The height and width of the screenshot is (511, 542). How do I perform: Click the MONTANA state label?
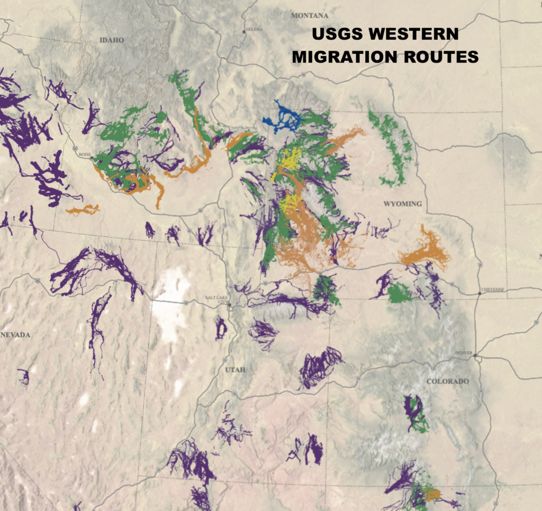(x=310, y=16)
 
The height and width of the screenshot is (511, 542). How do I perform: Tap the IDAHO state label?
(x=111, y=40)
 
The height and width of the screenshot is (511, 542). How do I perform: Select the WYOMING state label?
(x=402, y=204)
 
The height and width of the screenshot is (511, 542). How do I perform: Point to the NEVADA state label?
(x=15, y=335)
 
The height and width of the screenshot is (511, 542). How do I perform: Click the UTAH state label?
(x=236, y=370)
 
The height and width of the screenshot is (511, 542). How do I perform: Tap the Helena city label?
(x=253, y=29)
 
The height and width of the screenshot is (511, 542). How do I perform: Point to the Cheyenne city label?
(x=493, y=290)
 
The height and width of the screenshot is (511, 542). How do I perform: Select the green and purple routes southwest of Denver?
(x=415, y=413)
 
